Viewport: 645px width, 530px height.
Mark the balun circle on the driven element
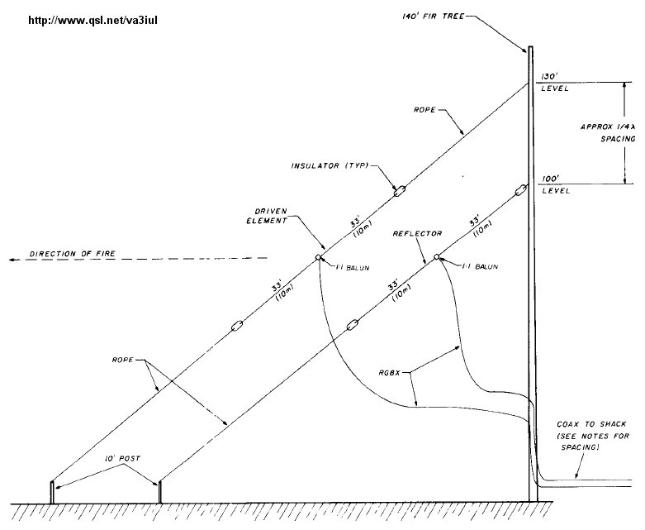click(x=318, y=259)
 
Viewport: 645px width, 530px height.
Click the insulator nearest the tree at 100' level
click(x=521, y=190)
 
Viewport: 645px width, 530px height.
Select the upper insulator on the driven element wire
click(x=399, y=192)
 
